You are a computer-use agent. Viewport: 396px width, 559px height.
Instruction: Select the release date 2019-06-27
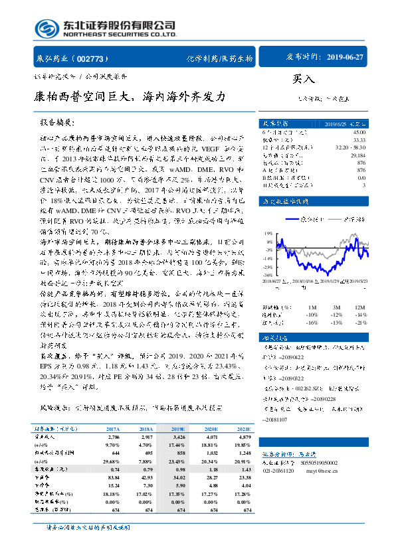coord(346,57)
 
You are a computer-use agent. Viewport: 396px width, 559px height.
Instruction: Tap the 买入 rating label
coord(303,78)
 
